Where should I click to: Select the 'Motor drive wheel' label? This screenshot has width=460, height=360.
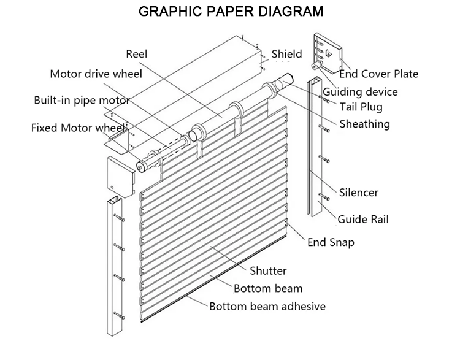(x=96, y=74)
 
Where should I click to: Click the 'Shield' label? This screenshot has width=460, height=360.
(x=287, y=54)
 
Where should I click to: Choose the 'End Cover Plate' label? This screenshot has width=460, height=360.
(x=378, y=74)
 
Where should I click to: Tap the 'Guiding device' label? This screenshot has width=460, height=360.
(x=361, y=92)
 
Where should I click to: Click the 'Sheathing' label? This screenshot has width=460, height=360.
(x=365, y=124)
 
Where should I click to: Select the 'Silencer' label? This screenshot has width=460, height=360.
(x=359, y=193)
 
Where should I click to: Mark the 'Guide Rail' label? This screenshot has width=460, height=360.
(x=364, y=219)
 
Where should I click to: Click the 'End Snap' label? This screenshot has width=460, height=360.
(x=331, y=242)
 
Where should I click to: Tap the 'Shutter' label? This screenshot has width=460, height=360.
(x=268, y=270)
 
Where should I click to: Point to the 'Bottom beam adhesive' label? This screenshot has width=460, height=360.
(x=267, y=306)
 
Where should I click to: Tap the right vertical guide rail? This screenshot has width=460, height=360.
(x=318, y=153)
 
